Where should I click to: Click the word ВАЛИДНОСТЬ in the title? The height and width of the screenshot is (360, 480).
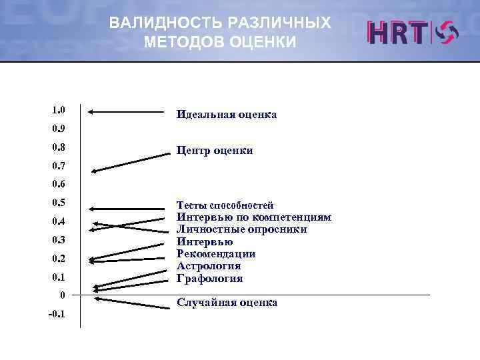[x=167, y=23]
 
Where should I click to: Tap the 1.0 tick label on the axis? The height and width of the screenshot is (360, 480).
[x=57, y=109]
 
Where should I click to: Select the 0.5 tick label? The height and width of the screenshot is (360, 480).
[x=57, y=203]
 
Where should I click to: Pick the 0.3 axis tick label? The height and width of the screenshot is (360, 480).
[x=57, y=239]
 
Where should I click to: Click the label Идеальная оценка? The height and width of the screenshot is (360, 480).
[x=227, y=115]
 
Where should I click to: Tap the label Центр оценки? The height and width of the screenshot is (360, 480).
[x=215, y=151]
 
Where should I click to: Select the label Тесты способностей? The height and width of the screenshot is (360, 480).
[x=225, y=205]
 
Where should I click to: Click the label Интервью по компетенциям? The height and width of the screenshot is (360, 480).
[x=253, y=217]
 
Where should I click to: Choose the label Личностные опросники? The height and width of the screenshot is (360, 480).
[x=241, y=229]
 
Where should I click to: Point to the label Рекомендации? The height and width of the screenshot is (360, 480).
[x=216, y=254]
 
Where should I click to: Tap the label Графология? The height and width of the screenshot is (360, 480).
[x=209, y=278]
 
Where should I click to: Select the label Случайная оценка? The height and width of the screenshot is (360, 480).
[x=227, y=303]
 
